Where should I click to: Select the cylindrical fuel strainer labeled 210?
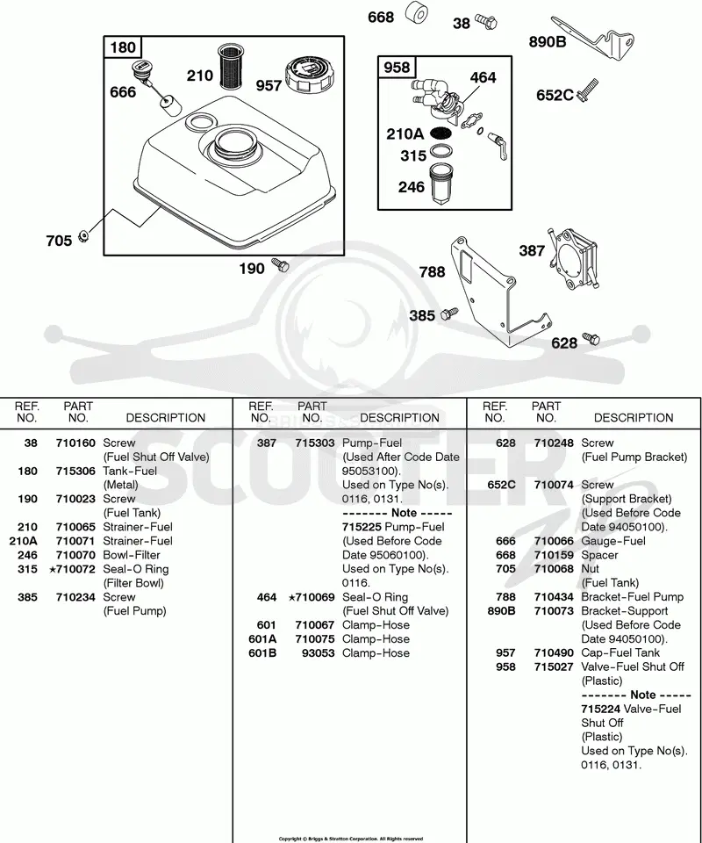coord(232,68)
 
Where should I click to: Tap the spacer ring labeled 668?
coord(416,12)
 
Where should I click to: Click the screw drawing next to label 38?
coord(485,22)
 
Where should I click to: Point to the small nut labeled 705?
coord(83,235)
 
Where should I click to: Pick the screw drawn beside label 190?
coord(281,264)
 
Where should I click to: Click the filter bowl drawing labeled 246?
coord(441,184)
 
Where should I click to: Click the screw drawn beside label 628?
coord(591,339)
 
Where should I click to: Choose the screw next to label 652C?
coord(587,90)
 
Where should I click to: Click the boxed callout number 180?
coord(123,47)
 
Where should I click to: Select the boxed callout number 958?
coord(397,68)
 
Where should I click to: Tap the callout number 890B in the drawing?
coord(548,41)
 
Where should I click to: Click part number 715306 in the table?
coord(75,471)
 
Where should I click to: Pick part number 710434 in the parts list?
coord(554,597)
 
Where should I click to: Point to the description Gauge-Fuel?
coord(613,541)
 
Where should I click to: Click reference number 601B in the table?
coord(262,652)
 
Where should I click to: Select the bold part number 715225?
coord(362,527)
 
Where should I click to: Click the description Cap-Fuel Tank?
coord(620,652)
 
